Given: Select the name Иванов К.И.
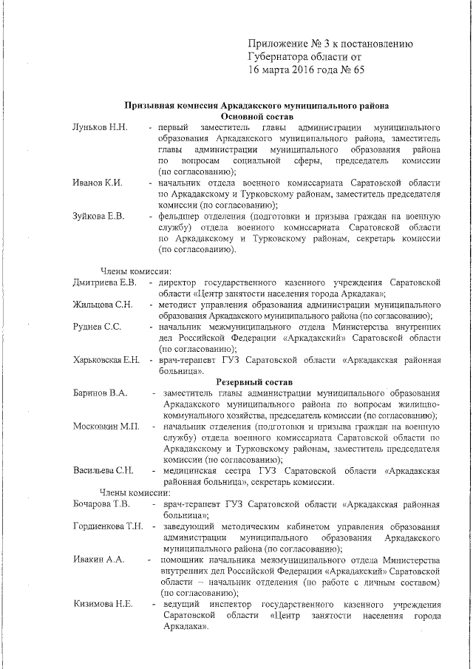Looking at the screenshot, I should coord(98,183).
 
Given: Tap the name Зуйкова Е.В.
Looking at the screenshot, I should coord(99,216).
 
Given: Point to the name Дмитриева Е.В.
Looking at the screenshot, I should coord(104,283).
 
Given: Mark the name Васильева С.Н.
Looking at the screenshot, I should coord(103,470).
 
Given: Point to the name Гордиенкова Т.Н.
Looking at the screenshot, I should coord(108,526).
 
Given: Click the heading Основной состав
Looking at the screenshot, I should coord(256,117).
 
